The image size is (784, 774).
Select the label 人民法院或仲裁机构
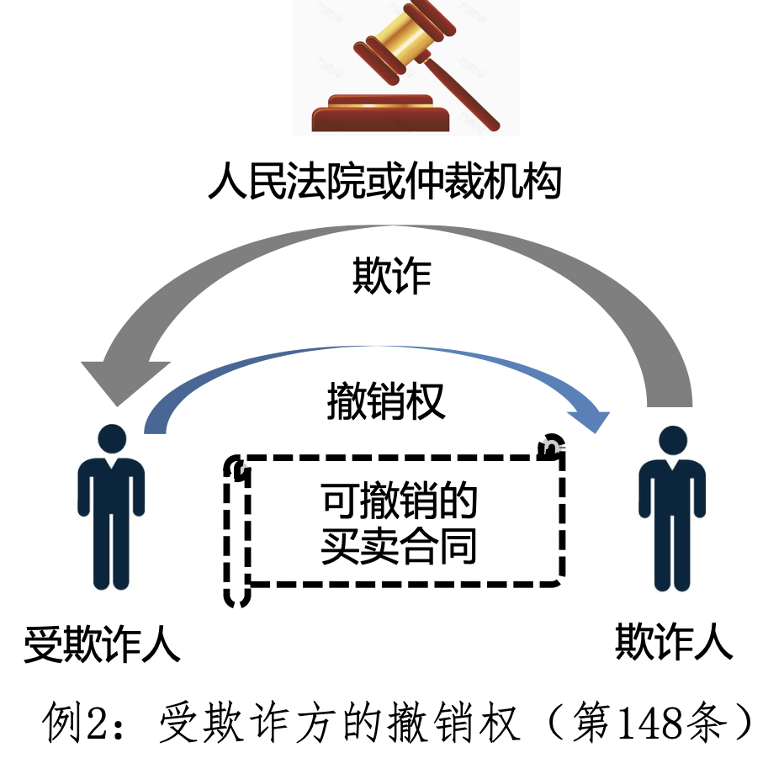tap(384, 181)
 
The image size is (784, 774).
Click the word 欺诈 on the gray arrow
tap(391, 276)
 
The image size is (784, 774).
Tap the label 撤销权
tap(385, 402)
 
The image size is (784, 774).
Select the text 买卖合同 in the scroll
tap(400, 545)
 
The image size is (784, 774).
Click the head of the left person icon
tap(112, 439)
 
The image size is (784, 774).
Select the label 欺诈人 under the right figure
tap(673, 644)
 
